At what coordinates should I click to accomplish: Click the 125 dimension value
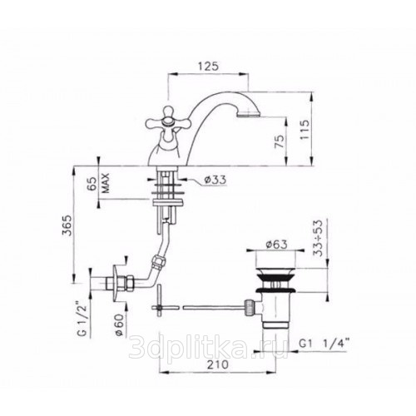(208, 67)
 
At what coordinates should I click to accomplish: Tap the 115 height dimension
(305, 130)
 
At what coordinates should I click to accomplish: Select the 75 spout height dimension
(280, 141)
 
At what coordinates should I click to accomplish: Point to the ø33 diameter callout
(215, 180)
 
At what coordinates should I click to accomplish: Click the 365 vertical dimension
(67, 225)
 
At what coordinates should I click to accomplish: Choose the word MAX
(106, 183)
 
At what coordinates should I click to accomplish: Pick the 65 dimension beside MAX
(93, 183)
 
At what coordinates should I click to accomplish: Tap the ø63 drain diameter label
(276, 245)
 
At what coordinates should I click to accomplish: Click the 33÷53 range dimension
(319, 238)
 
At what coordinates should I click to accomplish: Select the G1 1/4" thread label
(324, 344)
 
